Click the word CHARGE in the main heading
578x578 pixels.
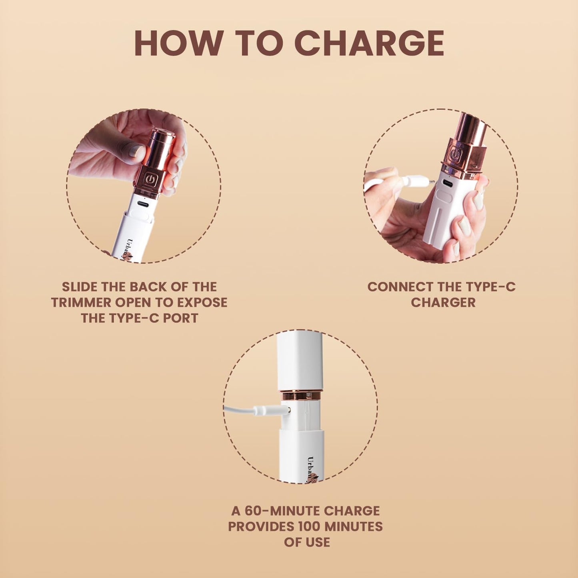[x=371, y=42]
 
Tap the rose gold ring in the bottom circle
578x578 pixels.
[x=301, y=395]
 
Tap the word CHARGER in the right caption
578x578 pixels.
[x=443, y=302]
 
